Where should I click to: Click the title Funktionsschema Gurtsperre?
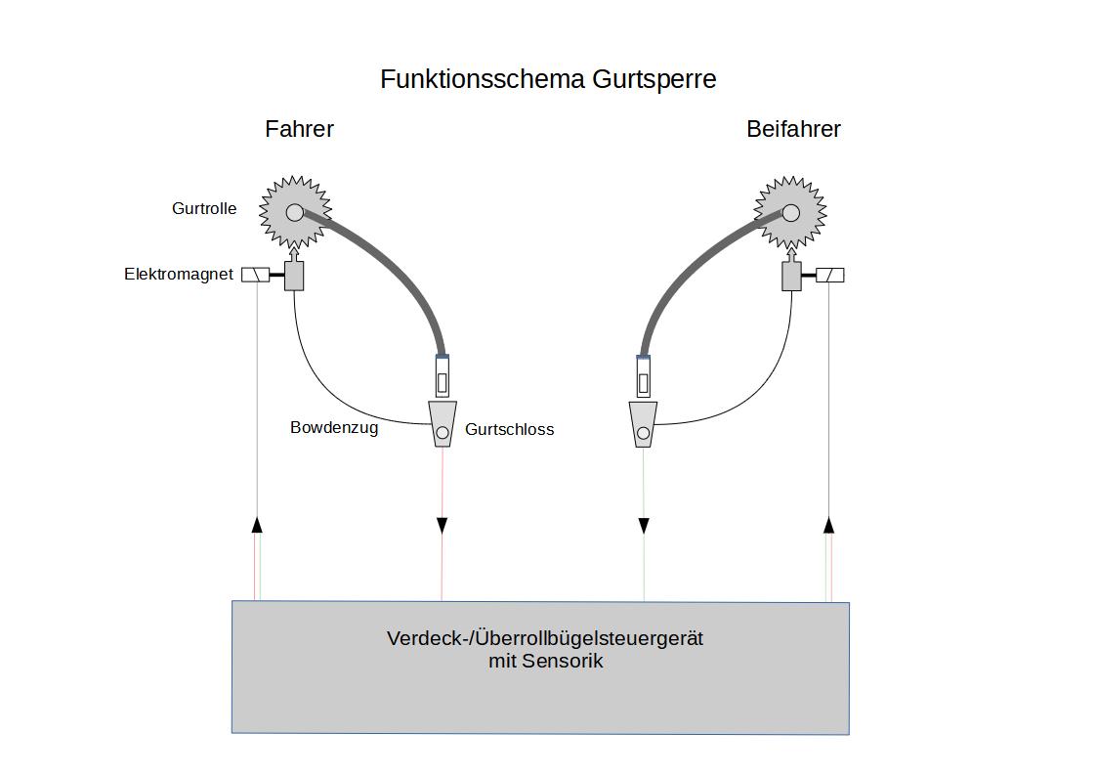coord(548,79)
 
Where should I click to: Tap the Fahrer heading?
coord(299,129)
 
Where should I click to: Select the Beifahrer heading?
coord(793,129)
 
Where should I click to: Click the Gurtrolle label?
coord(204,208)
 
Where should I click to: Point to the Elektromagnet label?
coord(179,275)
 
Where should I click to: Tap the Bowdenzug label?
coord(334,427)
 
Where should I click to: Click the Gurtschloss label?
coord(509,429)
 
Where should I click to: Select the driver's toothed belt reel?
coord(295,212)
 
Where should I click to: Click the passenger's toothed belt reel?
coord(790,212)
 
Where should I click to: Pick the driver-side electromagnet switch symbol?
coord(255,275)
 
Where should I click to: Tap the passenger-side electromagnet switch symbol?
coord(829,275)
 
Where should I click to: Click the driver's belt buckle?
coord(443,424)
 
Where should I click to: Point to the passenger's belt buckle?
coord(643,424)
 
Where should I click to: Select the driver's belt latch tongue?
coord(443,376)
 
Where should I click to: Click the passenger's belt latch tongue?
coord(643,376)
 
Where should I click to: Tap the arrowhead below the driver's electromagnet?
coord(257,525)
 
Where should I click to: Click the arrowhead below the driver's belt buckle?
coord(442,526)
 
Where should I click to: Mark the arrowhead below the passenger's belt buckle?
coord(644,526)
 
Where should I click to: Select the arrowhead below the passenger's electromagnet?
coord(828,525)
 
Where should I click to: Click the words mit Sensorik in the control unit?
coord(545,662)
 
